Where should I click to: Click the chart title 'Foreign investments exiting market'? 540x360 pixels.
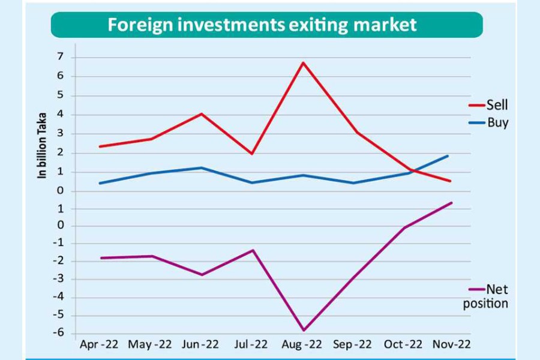262,25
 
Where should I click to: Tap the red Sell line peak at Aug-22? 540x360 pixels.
304,62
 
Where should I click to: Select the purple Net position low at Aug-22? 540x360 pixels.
304,330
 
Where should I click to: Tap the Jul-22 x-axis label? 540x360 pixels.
252,344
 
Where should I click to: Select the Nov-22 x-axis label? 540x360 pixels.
452,344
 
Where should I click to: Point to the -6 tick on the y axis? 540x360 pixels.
59,334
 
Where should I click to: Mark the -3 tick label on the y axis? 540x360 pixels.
59,280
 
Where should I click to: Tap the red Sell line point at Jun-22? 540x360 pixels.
202,113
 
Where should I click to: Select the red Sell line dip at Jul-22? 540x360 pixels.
252,154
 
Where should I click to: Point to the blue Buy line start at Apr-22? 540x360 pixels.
100,183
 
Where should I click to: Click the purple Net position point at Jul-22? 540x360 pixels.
253,250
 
